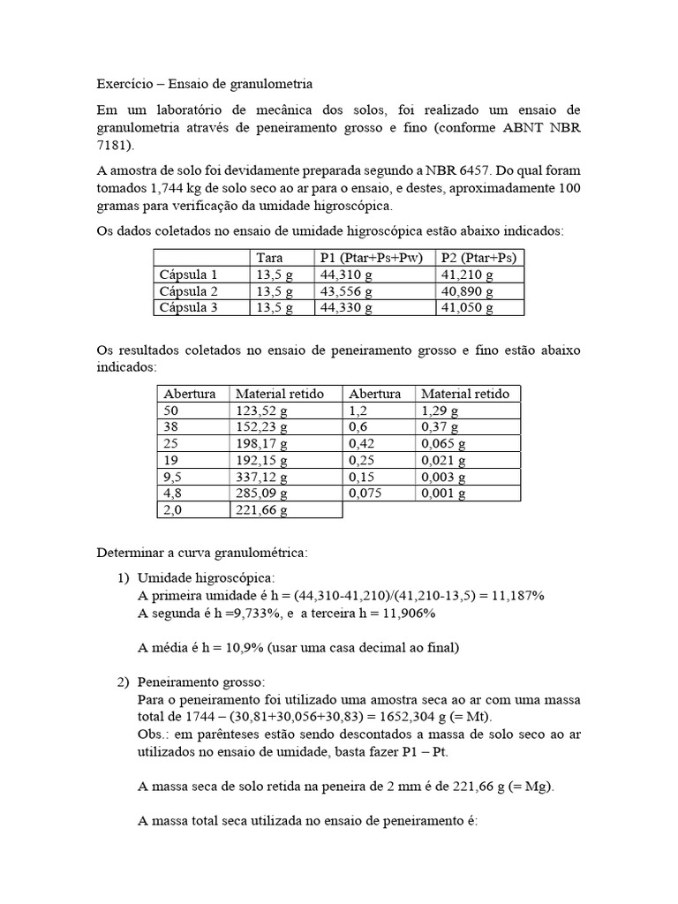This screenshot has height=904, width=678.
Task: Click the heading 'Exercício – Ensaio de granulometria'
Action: click(x=204, y=85)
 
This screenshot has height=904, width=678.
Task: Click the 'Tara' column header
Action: click(x=269, y=257)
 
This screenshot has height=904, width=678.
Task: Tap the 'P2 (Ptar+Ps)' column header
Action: click(x=478, y=257)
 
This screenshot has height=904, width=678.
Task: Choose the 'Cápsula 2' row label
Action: click(x=188, y=291)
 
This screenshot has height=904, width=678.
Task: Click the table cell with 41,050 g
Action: click(x=467, y=308)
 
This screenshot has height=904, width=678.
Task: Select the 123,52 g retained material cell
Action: click(x=262, y=411)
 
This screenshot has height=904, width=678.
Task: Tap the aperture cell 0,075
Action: click(x=365, y=494)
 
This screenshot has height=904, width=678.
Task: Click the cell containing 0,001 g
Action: click(x=444, y=494)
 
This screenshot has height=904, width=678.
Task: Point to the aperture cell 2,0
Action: click(x=173, y=511)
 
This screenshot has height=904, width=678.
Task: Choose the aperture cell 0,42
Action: click(x=362, y=444)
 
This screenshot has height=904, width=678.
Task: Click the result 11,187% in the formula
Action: click(x=518, y=596)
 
